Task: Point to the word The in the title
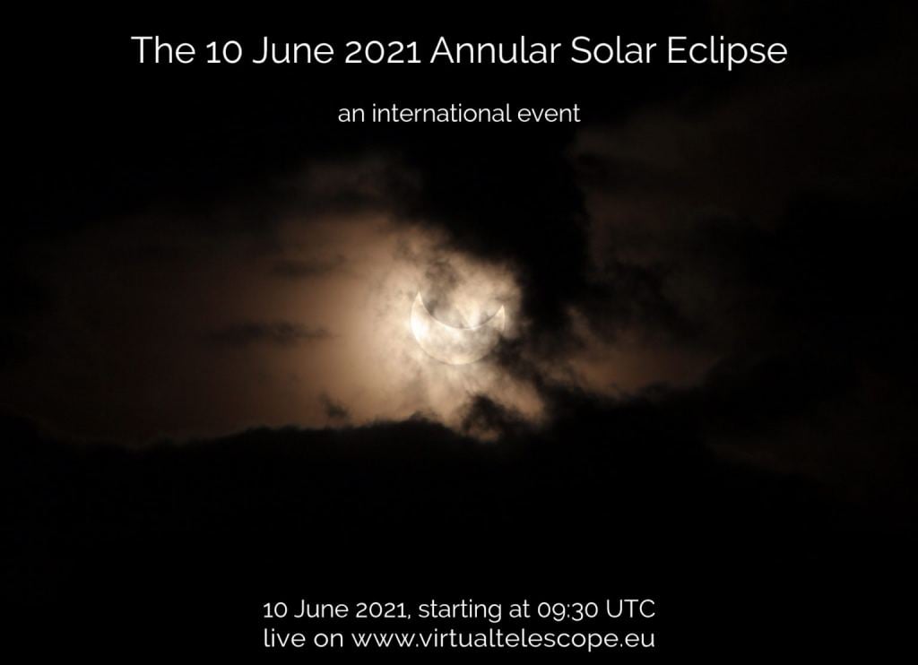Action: coord(163,50)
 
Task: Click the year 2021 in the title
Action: coord(382,51)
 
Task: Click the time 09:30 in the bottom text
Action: coord(567,609)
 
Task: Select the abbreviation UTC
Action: coord(630,609)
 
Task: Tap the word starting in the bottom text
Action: coord(459,610)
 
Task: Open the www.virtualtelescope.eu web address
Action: coord(502,638)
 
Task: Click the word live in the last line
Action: coord(284,637)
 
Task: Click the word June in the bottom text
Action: coord(319,609)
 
